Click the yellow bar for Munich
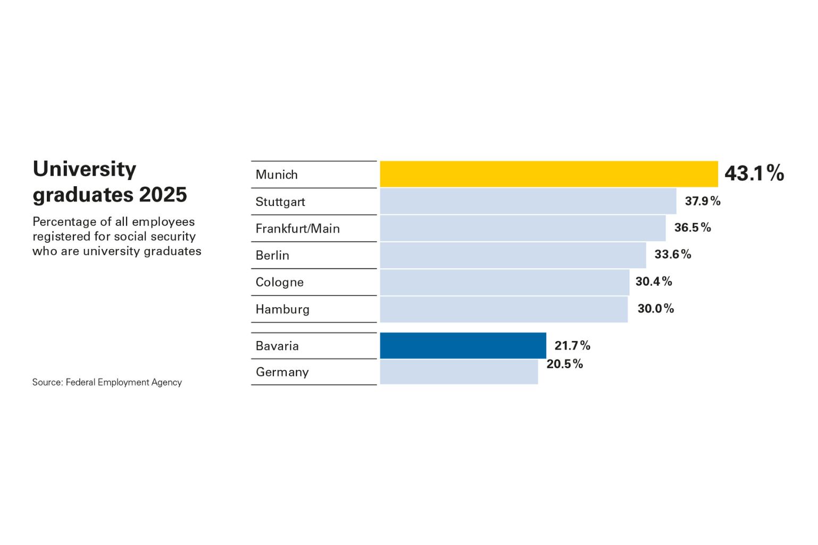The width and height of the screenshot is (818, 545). click(x=548, y=174)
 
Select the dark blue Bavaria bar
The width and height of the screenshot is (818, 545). click(x=463, y=345)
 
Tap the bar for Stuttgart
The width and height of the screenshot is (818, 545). click(x=528, y=201)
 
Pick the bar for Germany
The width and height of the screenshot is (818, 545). click(x=458, y=372)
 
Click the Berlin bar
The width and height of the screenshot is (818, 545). click(x=513, y=255)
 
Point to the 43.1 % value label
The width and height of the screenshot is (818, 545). click(x=754, y=174)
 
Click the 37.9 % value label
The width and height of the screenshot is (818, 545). click(x=702, y=201)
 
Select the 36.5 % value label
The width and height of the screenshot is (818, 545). click(x=692, y=228)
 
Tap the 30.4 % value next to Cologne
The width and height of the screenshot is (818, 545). click(x=653, y=282)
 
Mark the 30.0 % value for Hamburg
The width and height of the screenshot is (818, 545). click(x=655, y=309)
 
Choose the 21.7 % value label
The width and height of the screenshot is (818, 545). click(x=572, y=346)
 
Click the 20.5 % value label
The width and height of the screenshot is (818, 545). click(x=564, y=364)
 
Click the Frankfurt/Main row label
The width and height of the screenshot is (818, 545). click(x=297, y=229)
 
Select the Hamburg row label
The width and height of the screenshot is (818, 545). click(x=282, y=309)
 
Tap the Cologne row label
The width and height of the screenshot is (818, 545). click(x=279, y=282)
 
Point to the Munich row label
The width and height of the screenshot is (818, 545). click(x=276, y=175)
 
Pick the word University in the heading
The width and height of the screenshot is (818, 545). click(x=85, y=169)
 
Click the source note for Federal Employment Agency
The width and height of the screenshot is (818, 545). click(x=107, y=382)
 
